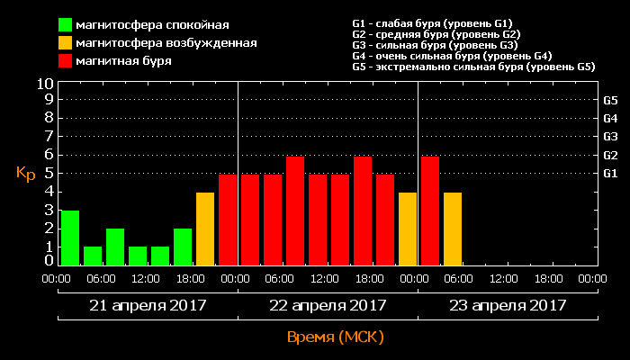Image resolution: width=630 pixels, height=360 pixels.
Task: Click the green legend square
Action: pyautogui.click(x=66, y=24)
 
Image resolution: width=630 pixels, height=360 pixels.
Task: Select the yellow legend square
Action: pyautogui.click(x=66, y=42)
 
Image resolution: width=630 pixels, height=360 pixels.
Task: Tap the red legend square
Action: pyautogui.click(x=66, y=61)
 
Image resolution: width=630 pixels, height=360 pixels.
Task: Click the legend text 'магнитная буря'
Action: pyautogui.click(x=124, y=61)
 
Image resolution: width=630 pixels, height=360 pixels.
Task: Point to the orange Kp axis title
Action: pyautogui.click(x=25, y=173)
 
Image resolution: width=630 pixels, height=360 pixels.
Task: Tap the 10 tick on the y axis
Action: pyautogui.click(x=44, y=84)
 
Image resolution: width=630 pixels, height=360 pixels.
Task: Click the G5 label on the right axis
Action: pyautogui.click(x=609, y=100)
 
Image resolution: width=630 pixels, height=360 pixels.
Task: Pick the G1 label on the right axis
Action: pyautogui.click(x=609, y=173)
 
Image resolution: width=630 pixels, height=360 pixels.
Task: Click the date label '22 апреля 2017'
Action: pyautogui.click(x=328, y=305)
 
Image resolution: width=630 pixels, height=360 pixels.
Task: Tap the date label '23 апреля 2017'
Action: pyautogui.click(x=508, y=305)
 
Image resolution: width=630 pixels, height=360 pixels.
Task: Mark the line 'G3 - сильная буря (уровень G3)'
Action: pyautogui.click(x=435, y=45)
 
